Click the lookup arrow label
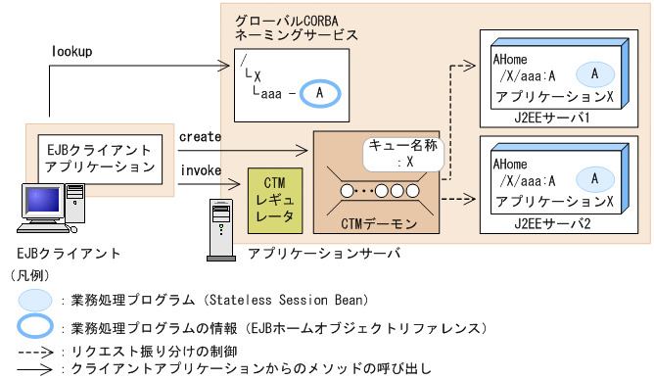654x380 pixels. (x=70, y=50)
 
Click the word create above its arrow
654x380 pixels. (x=201, y=136)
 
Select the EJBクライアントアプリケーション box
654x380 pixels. (x=99, y=158)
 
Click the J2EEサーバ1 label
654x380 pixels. (x=574, y=117)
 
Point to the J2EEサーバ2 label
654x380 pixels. (x=574, y=222)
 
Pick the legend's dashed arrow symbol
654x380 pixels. (x=33, y=350)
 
